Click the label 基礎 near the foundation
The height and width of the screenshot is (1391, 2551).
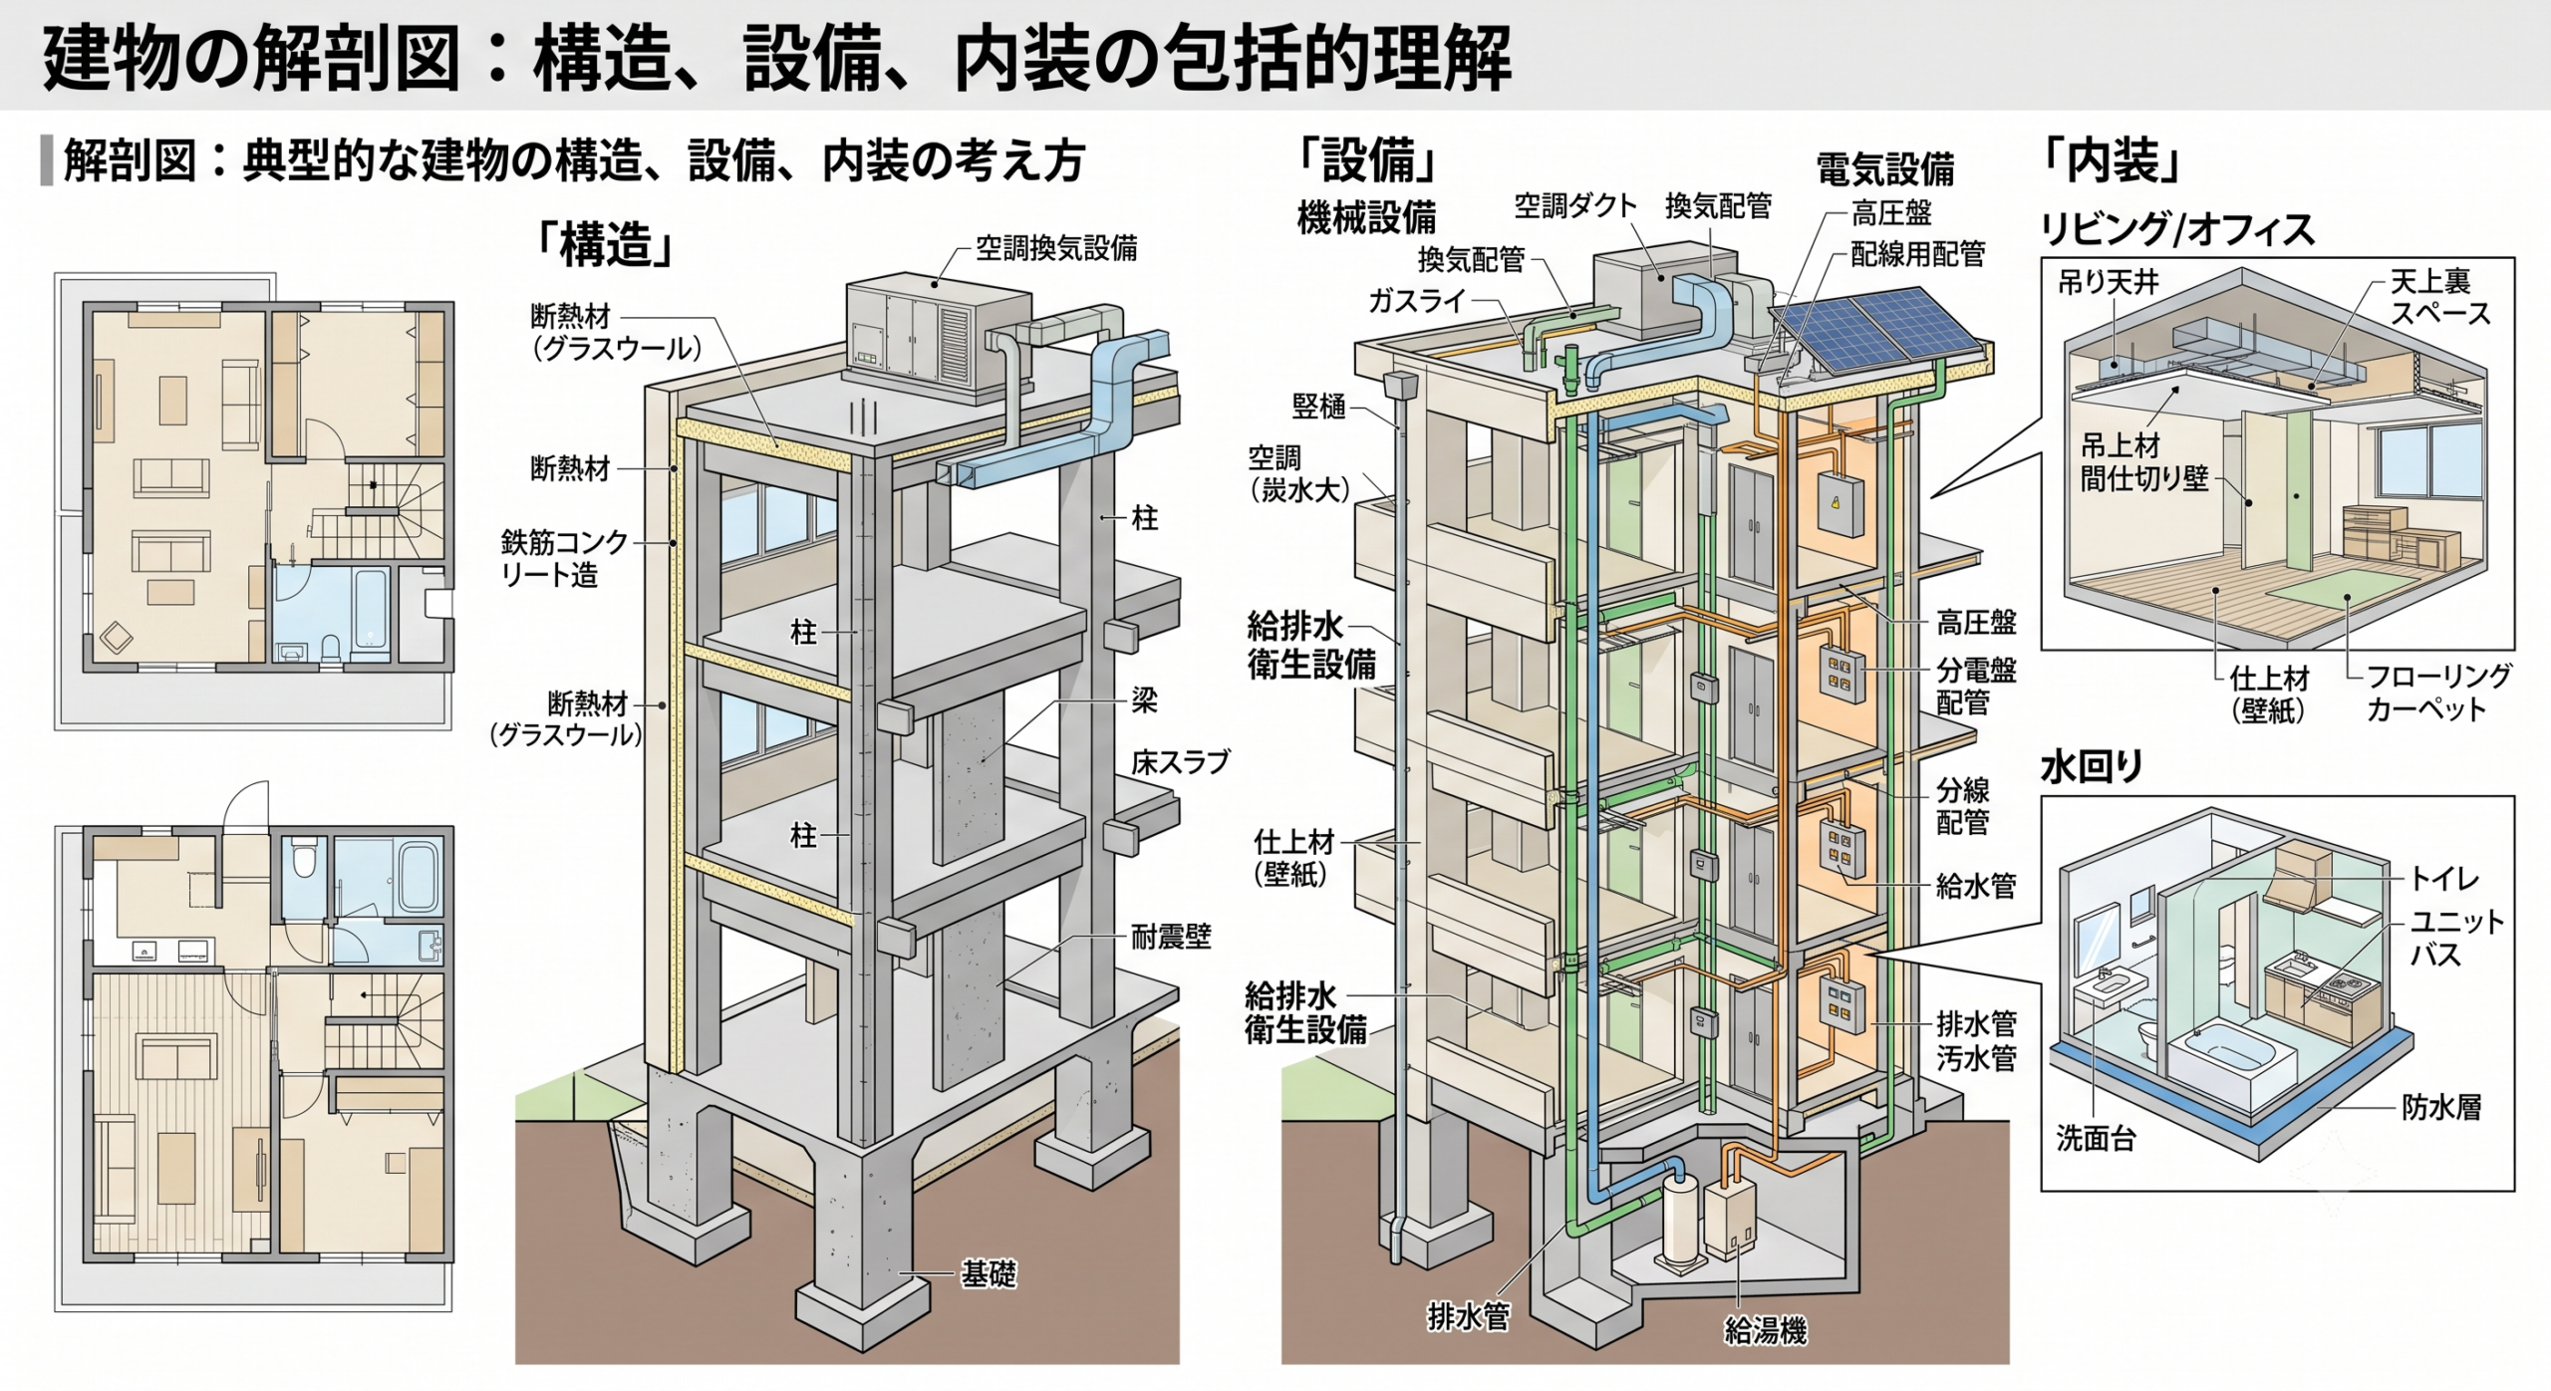coord(988,1273)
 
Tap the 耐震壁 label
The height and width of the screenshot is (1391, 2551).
coord(1171,937)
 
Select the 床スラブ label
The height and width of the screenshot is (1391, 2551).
coord(1180,762)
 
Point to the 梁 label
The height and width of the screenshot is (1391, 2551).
coord(1144,700)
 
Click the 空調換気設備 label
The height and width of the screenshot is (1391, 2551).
coord(1056,248)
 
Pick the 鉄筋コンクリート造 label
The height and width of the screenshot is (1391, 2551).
coord(565,558)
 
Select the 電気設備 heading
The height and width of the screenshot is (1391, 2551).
coord(1884,168)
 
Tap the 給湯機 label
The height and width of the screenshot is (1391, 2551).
coord(1765,1330)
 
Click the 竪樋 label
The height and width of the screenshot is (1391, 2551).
coord(1318,406)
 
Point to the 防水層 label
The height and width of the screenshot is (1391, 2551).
coord(2440,1107)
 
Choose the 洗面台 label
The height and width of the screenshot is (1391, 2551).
coord(2097,1138)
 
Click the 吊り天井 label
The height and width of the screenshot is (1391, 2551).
coord(2109,283)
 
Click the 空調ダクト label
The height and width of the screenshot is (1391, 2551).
coord(1575,205)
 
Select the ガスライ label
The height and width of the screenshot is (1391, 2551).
coord(1417,300)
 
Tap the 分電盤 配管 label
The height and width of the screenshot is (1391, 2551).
coord(1976,687)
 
